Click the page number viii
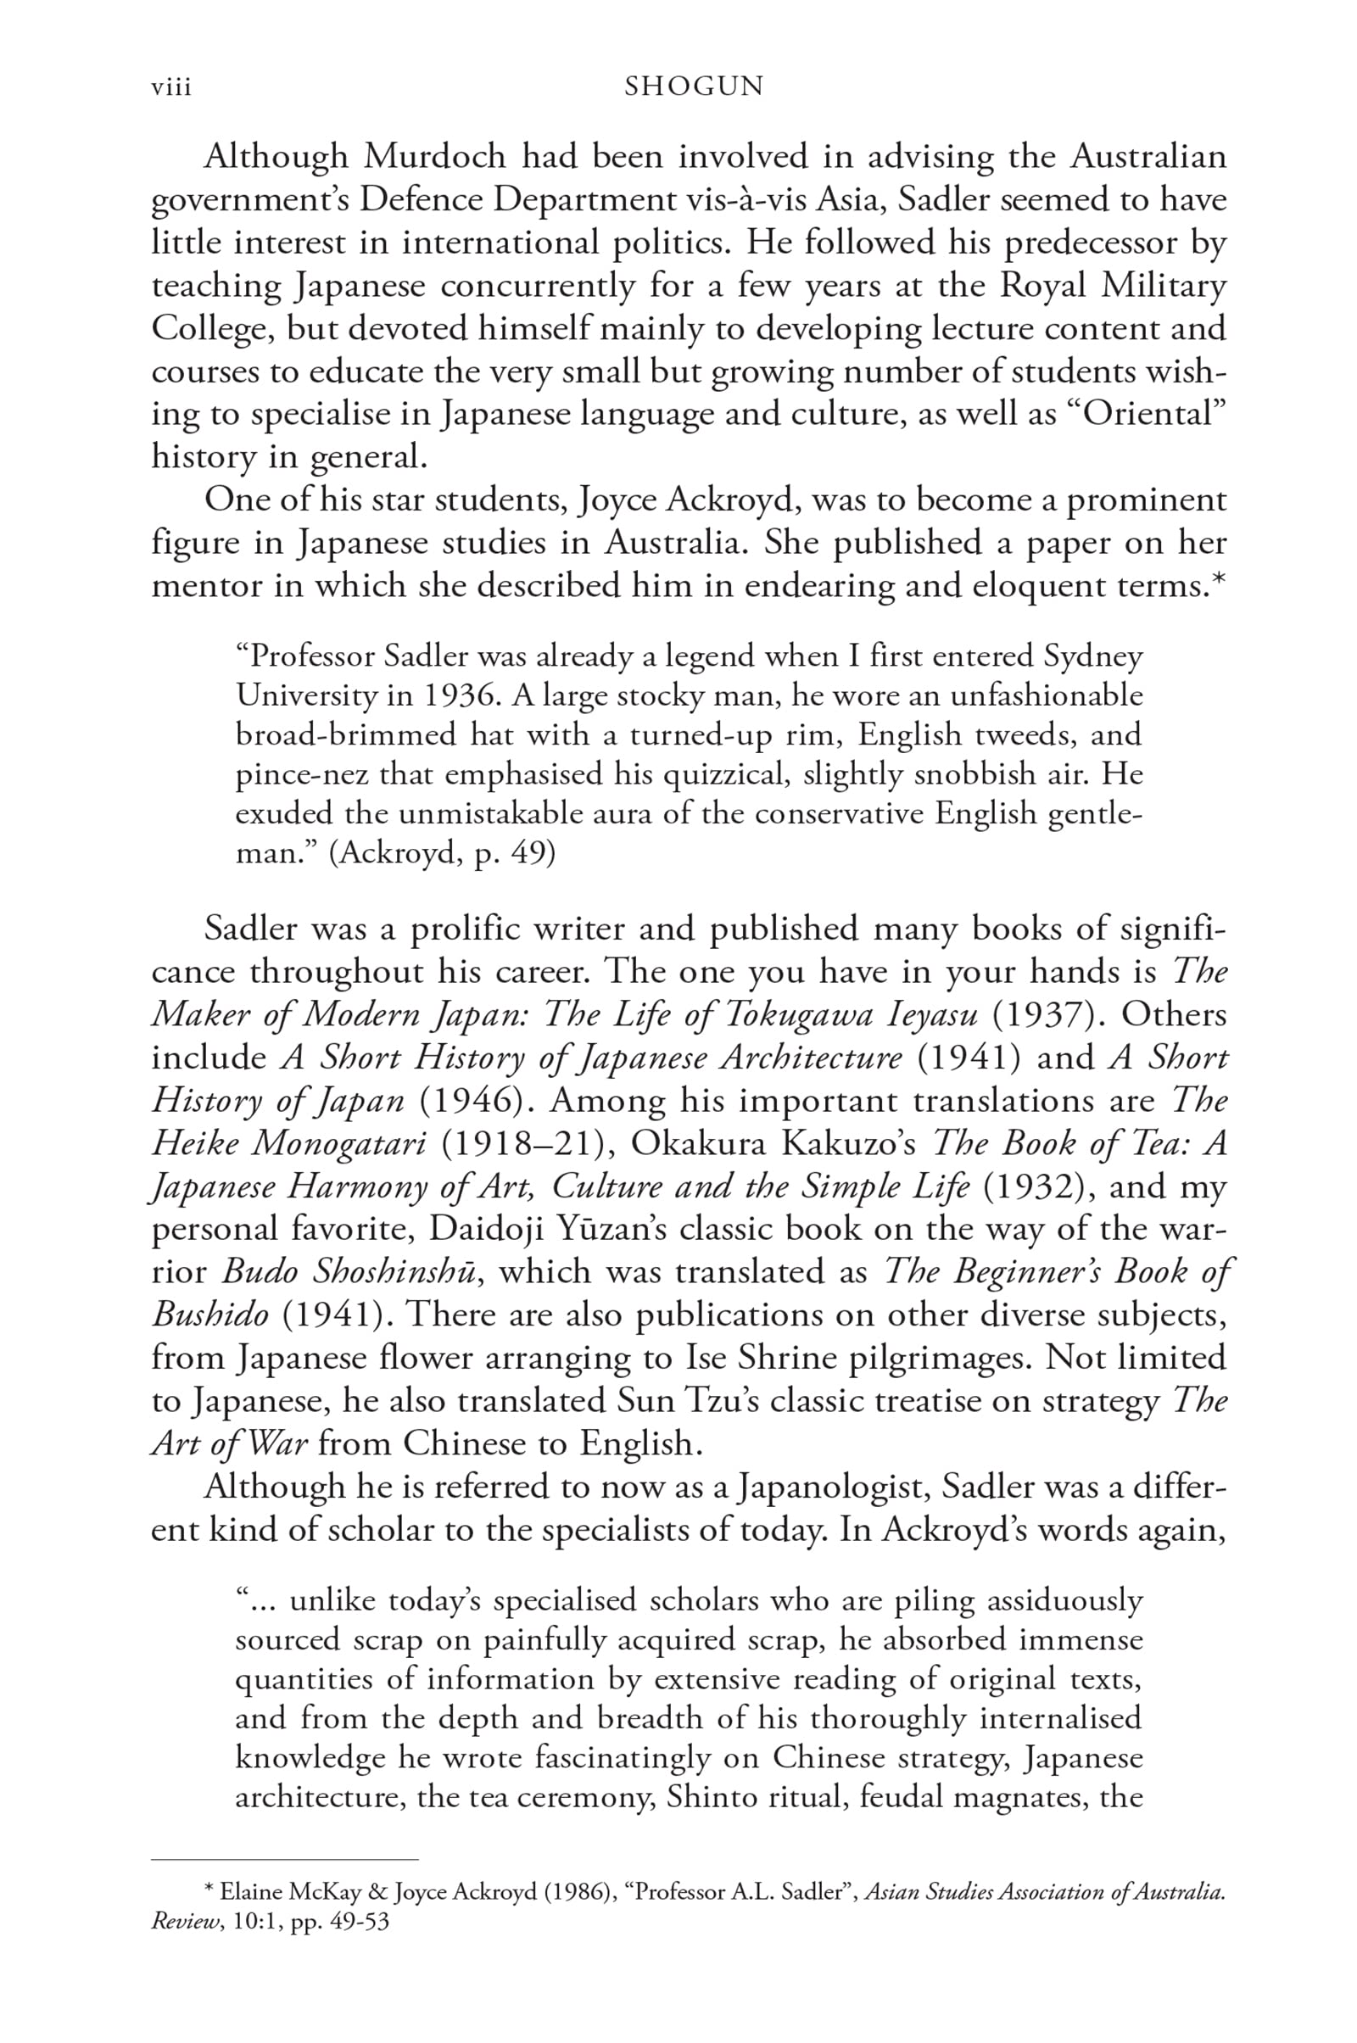[171, 87]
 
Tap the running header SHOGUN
[694, 87]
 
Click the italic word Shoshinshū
[393, 1272]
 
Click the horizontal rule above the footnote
[285, 1859]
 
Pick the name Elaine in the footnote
[251, 1892]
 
